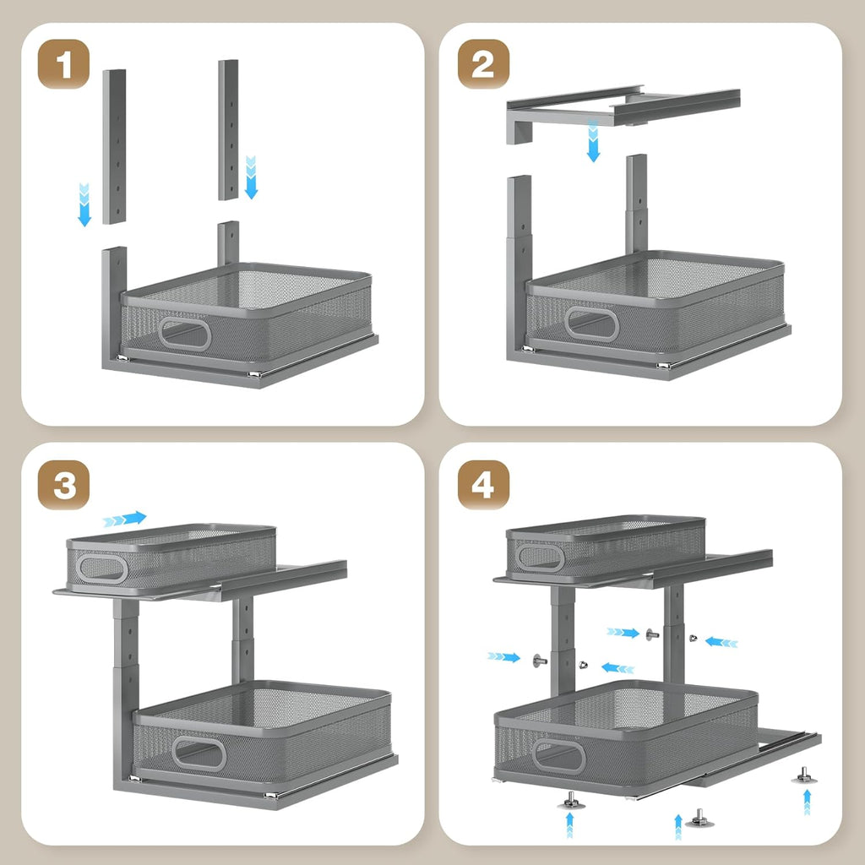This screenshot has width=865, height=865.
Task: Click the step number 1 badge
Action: pos(64,64)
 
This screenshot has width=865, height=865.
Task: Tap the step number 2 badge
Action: pos(483,64)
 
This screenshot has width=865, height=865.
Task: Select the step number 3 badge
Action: pos(64,484)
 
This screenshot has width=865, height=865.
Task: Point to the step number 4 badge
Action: pos(483,484)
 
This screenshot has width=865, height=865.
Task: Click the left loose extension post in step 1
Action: pos(114,146)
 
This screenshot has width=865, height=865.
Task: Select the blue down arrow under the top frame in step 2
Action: pos(593,141)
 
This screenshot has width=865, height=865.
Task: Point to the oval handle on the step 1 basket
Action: pos(185,335)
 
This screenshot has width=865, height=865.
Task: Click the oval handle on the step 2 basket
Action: pos(591,324)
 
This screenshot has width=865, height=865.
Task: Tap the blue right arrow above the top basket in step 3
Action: pos(125,519)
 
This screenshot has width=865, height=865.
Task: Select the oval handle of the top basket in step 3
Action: pos(101,569)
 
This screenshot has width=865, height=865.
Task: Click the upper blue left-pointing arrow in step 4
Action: pos(721,642)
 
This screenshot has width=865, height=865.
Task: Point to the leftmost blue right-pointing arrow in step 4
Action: pos(504,656)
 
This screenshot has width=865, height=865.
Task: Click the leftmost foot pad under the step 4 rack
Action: pos(570,799)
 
